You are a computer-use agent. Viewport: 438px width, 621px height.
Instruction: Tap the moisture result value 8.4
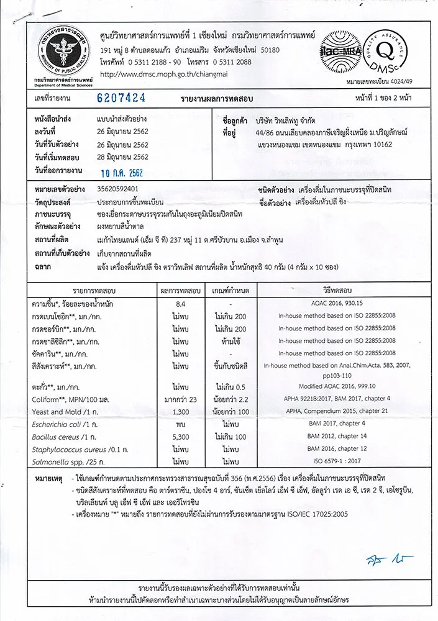pos(181,304)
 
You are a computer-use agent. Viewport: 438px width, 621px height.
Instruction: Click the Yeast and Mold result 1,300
pos(181,412)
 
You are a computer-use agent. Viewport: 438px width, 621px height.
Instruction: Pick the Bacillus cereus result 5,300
pos(181,437)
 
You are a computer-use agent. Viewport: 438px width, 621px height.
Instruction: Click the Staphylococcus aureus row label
pos(72,449)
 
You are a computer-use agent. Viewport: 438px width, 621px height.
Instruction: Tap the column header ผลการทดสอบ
pos(181,291)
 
